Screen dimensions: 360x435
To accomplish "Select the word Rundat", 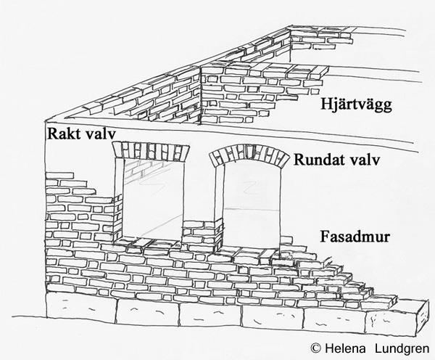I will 319,160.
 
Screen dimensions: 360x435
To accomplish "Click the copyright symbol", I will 315,348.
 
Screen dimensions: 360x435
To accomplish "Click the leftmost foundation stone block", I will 79,309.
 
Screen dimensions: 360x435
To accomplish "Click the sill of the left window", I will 151,243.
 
